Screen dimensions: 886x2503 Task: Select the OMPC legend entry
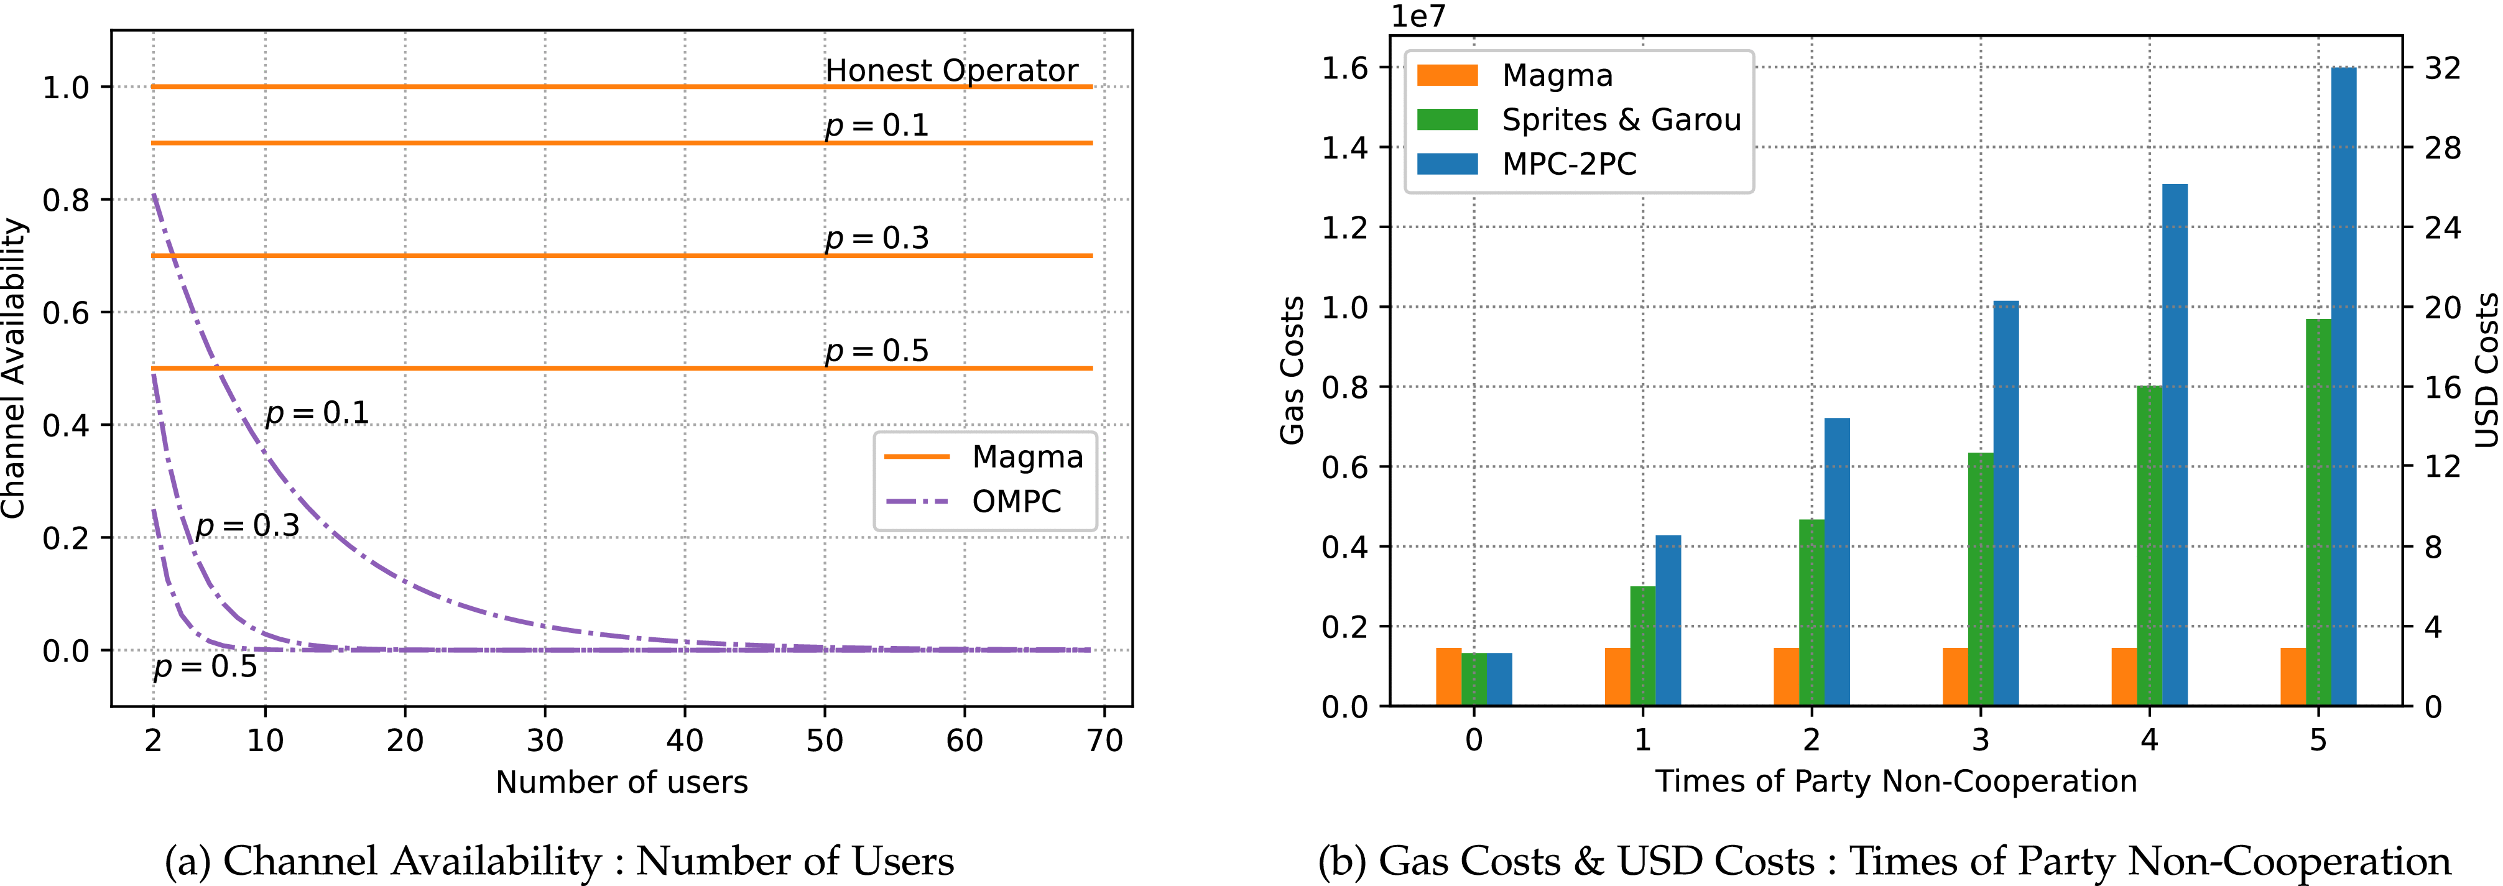click(1016, 501)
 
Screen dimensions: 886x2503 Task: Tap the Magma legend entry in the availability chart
click(1027, 456)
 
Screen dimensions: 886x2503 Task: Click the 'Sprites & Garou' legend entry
click(1621, 119)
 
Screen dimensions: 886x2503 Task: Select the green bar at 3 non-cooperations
click(1980, 579)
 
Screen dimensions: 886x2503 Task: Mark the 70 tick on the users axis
click(1104, 741)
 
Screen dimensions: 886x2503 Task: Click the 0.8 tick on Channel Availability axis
click(65, 200)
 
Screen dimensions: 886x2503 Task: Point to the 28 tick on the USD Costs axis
click(2443, 148)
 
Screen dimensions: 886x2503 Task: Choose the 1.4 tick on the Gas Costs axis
click(1344, 148)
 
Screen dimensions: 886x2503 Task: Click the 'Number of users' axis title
click(622, 782)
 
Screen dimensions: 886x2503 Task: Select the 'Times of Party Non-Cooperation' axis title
click(1895, 781)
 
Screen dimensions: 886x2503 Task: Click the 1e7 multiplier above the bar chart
click(1418, 17)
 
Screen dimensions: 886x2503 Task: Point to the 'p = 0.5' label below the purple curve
click(205, 667)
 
